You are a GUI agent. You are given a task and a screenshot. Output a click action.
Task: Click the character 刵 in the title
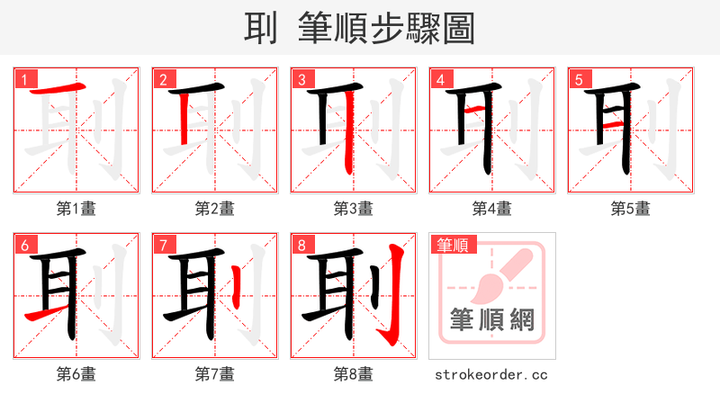[262, 28]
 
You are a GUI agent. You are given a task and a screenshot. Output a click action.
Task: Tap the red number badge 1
[23, 79]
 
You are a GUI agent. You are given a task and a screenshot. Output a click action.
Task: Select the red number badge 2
[162, 79]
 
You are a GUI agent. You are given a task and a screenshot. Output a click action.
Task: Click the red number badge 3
[301, 79]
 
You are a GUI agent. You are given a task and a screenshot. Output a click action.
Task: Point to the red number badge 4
[439, 79]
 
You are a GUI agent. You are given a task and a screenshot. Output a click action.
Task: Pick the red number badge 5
[578, 79]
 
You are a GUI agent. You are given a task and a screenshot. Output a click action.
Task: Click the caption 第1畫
[76, 209]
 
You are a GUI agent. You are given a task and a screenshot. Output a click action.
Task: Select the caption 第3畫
[353, 209]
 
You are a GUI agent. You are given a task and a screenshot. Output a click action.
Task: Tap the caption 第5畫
[630, 209]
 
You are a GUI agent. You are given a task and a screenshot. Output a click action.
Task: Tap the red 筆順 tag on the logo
[454, 245]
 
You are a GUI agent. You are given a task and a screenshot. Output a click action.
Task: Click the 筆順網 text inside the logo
[491, 320]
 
